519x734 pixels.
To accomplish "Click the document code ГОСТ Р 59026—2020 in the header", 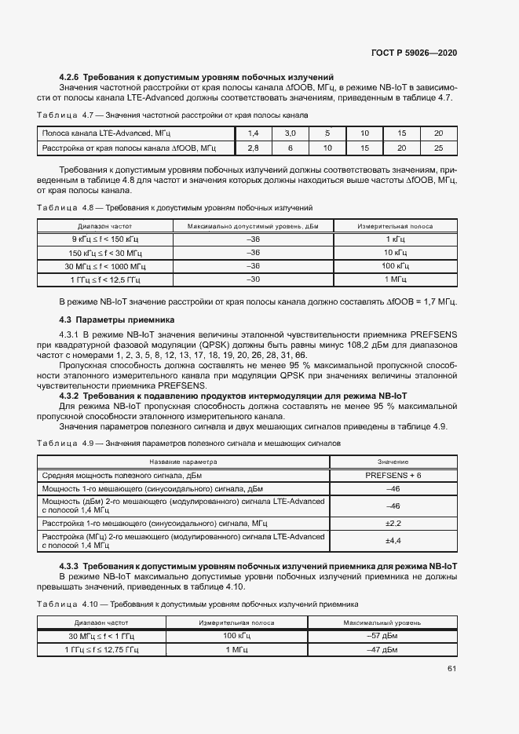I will click(414, 53).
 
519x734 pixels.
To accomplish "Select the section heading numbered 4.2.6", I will click(197, 77).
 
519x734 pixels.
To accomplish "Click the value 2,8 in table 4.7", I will click(253, 148).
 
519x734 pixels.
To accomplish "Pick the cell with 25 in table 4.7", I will click(438, 148).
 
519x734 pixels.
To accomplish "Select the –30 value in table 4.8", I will click(253, 279).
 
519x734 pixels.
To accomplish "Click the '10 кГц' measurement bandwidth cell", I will click(395, 253).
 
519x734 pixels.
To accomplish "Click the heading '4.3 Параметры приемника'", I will click(117, 320).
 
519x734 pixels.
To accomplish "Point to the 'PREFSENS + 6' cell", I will click(393, 476).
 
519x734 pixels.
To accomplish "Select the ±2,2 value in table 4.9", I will click(393, 523).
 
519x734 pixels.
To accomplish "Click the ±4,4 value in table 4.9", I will click(393, 540).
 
